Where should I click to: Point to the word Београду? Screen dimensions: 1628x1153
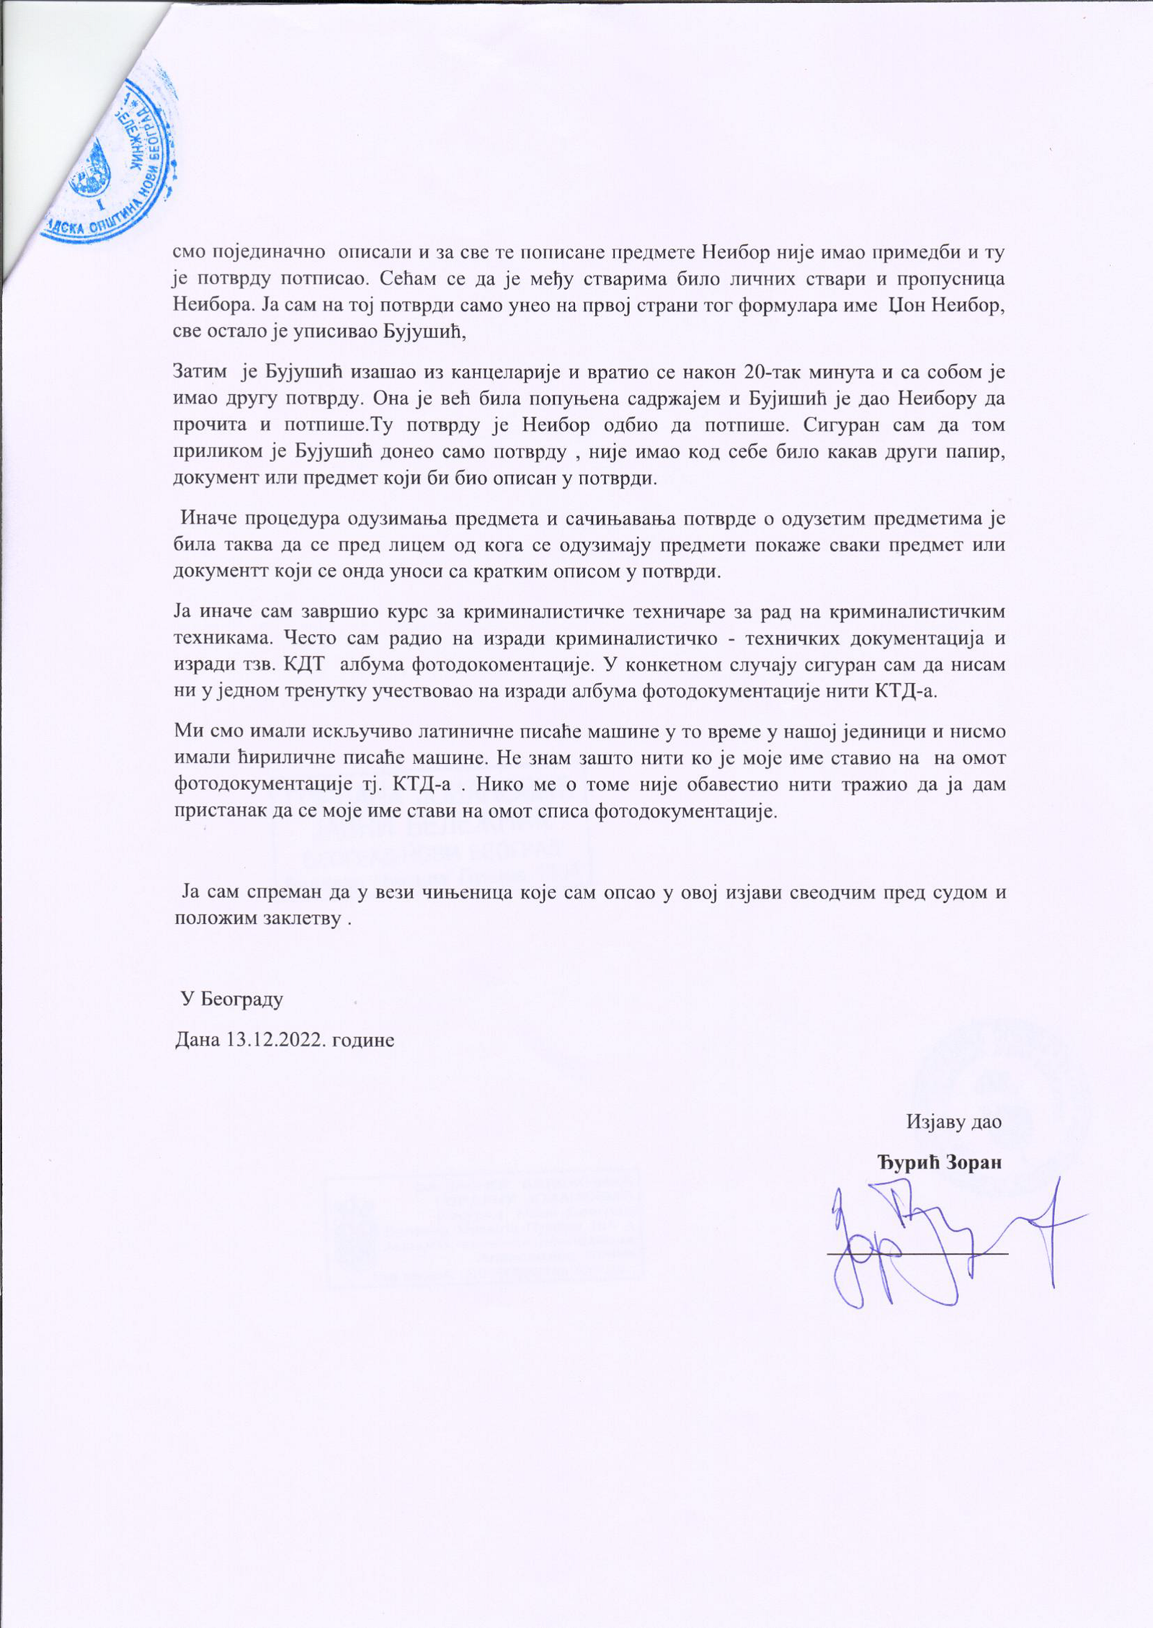click(x=241, y=999)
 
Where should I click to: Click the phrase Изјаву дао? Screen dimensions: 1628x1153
click(x=953, y=1121)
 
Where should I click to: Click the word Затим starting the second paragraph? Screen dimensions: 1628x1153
click(x=200, y=373)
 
